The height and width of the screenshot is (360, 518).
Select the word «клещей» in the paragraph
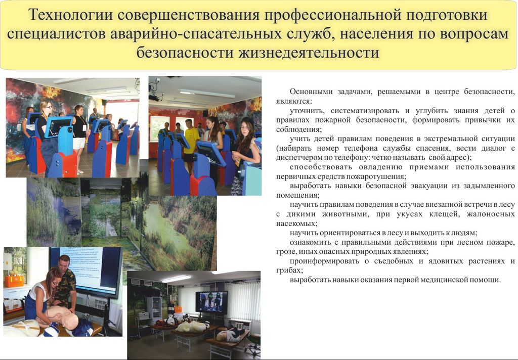click(x=443, y=214)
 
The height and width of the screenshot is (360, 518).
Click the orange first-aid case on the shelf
click(x=14, y=281)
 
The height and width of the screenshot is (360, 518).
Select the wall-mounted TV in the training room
click(x=211, y=302)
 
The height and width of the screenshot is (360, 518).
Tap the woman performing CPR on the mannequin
click(x=41, y=297)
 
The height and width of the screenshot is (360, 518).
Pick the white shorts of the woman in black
click(x=79, y=143)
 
